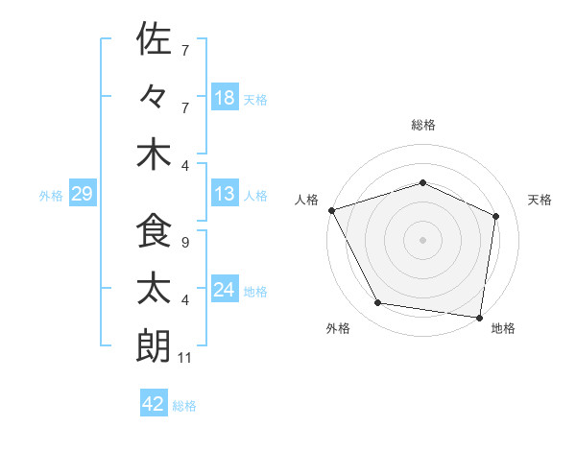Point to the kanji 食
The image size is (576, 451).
(154, 231)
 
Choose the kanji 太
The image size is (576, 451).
(154, 289)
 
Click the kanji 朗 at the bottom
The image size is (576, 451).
(154, 346)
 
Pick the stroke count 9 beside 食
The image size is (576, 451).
(185, 243)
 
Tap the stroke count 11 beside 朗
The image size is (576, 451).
(187, 359)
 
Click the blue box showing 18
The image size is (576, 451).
(225, 97)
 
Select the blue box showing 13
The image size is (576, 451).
(225, 195)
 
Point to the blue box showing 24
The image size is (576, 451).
(225, 291)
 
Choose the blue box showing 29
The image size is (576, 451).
(82, 195)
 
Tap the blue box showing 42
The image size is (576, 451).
(154, 404)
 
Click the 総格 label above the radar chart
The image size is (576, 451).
(422, 125)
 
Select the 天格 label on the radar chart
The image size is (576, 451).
(540, 200)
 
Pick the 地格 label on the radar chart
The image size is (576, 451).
(503, 328)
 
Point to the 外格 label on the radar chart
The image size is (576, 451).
(338, 328)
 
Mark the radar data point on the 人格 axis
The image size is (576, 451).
(331, 210)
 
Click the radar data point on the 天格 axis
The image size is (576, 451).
(496, 216)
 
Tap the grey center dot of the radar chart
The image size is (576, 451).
(422, 239)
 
